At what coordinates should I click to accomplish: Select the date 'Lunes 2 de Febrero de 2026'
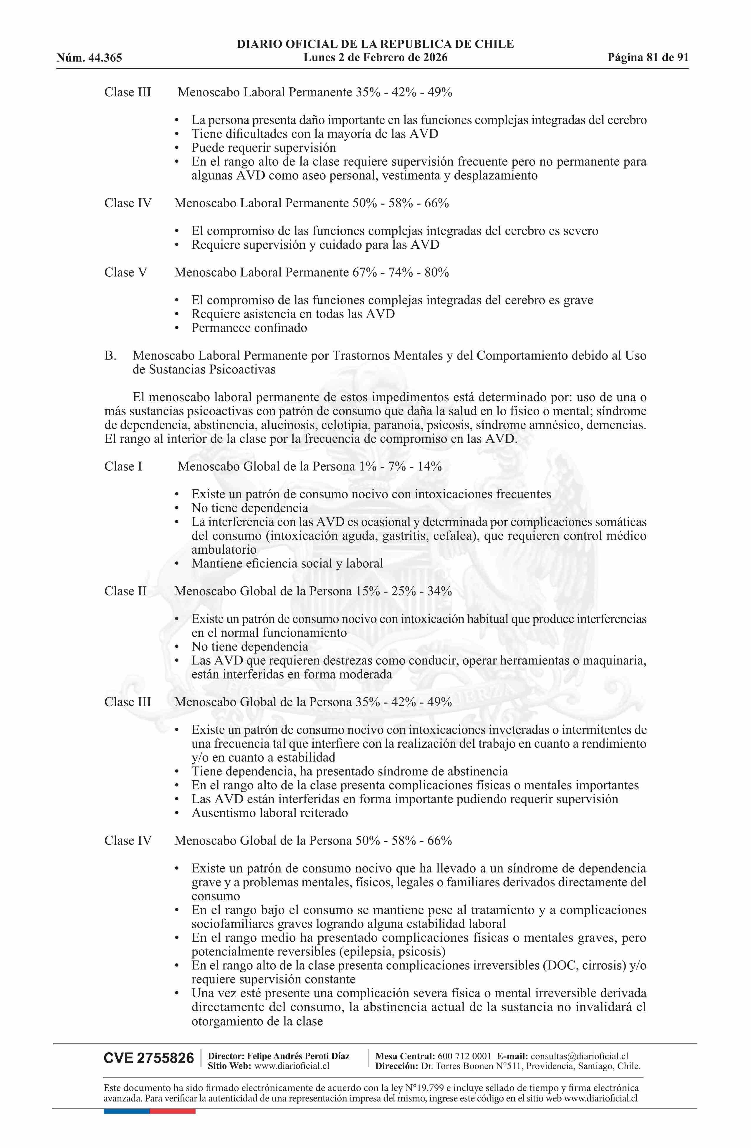[x=375, y=58]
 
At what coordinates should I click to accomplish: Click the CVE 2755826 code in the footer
[x=149, y=1059]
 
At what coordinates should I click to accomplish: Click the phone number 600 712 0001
[x=464, y=1056]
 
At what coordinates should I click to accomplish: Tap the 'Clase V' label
[x=125, y=273]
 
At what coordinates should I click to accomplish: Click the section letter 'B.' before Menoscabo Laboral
[x=110, y=356]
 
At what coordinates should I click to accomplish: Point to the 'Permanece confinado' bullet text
[x=249, y=328]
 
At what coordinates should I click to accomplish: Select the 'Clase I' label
[x=123, y=467]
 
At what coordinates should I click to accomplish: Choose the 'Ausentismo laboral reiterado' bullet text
[x=269, y=813]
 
